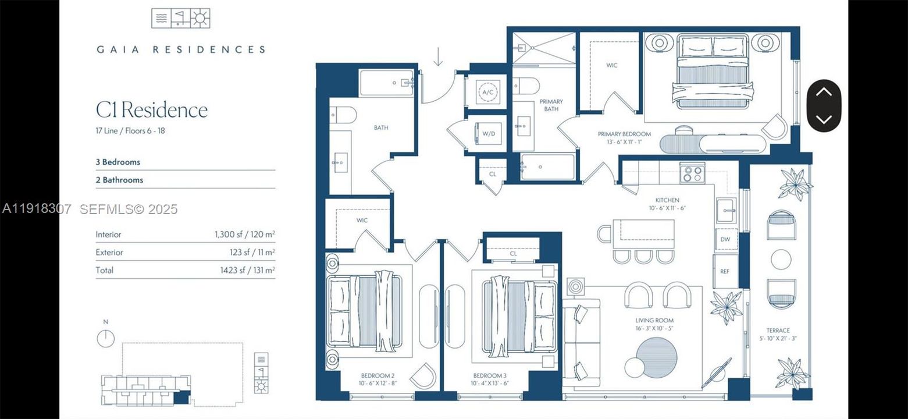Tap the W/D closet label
coord(488,134)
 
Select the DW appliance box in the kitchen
coord(725,239)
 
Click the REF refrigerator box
coord(725,271)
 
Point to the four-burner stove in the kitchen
coord(692,173)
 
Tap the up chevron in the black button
coord(824,93)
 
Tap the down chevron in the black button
coord(824,119)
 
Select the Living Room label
coord(654,320)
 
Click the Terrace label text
coord(779,331)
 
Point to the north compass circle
coord(105,338)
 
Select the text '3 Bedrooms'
coord(118,162)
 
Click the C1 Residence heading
coord(152,109)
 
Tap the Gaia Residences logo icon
coord(180,19)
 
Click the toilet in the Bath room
coord(343,116)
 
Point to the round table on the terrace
coord(781,259)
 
